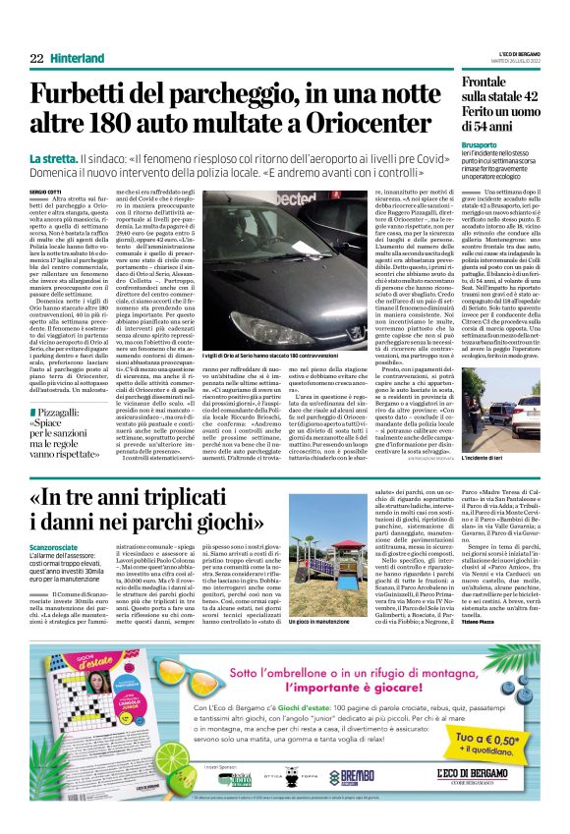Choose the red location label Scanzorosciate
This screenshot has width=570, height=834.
pyautogui.click(x=57, y=545)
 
